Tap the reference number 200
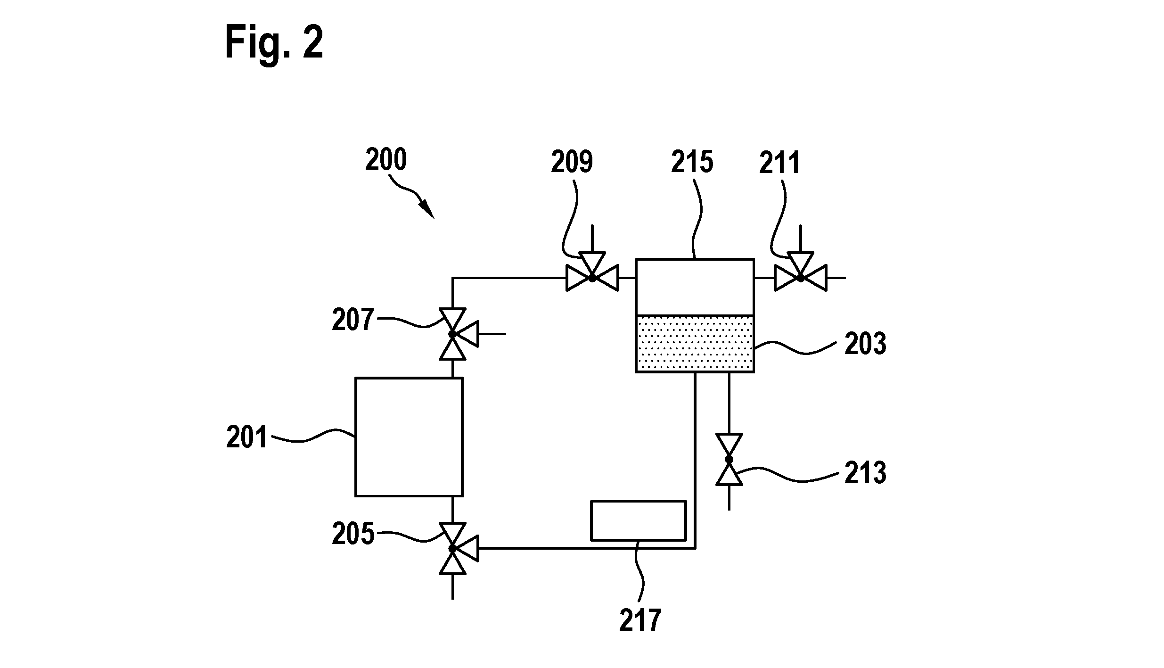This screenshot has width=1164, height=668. tap(386, 160)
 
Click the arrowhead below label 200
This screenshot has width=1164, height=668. tap(428, 209)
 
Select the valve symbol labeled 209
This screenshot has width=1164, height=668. tap(592, 273)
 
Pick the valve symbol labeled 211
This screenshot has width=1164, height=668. tap(800, 273)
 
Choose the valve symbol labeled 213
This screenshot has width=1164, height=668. tap(729, 459)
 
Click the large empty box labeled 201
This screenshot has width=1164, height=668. tap(409, 437)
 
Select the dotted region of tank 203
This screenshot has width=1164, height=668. tap(695, 344)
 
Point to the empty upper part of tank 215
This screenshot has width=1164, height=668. tap(695, 287)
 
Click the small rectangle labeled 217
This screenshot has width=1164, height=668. tap(638, 520)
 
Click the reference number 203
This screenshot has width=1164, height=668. tap(865, 344)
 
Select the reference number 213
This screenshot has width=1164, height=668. tap(865, 473)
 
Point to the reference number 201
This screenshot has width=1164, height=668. tap(246, 437)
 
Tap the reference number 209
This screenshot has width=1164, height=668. tap(572, 162)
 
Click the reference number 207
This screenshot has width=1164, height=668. tap(352, 320)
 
